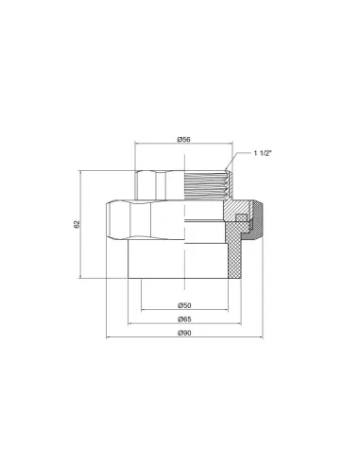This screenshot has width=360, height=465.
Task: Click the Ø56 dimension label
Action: [184, 139]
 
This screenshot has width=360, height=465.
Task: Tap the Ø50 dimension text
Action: [184, 305]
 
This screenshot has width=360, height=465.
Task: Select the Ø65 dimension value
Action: [184, 319]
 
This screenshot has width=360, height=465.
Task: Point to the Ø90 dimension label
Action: [184, 333]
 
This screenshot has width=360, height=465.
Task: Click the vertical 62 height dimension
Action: [77, 224]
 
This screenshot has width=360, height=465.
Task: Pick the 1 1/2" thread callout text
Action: [263, 153]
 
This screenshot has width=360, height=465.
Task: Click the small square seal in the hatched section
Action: [241, 217]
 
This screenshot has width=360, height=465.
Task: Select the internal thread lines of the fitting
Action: [205, 185]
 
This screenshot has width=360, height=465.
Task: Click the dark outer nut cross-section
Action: [257, 220]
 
